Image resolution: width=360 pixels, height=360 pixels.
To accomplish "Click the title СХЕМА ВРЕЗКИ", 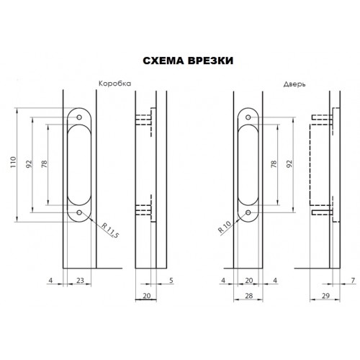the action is click(188, 60).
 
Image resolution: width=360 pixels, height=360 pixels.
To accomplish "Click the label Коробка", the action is click(115, 84).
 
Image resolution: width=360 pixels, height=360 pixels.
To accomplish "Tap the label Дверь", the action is click(294, 84).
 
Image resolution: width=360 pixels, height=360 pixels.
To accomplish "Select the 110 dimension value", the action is click(13, 162).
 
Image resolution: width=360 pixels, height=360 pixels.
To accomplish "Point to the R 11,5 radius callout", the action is click(110, 230).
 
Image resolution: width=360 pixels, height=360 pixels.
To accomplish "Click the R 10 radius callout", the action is click(225, 227).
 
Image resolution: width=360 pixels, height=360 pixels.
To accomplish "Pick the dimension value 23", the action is click(80, 280).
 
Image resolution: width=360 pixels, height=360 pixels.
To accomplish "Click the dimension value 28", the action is click(249, 296).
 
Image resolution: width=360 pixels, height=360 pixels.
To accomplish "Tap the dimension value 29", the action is click(325, 296).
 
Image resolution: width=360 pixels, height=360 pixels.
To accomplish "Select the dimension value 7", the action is click(353, 280).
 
